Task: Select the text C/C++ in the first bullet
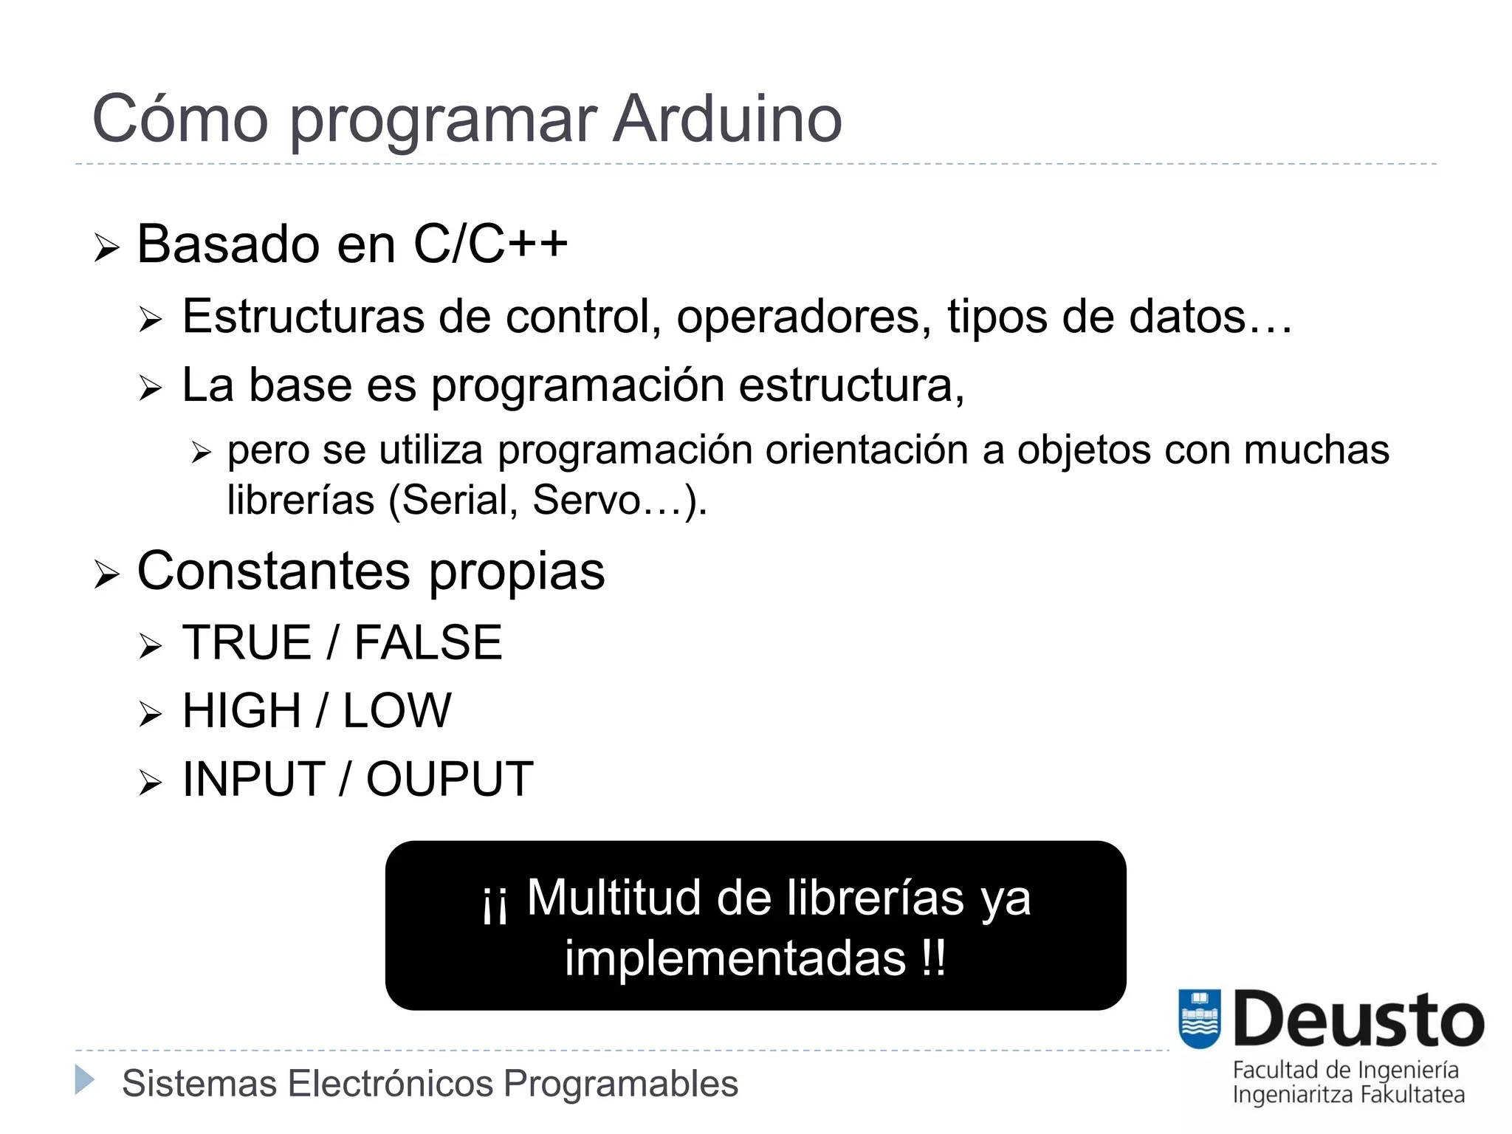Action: pos(490,244)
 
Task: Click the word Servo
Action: pos(587,500)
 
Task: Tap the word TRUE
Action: pos(247,642)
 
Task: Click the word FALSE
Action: pos(428,642)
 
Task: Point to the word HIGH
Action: pos(241,710)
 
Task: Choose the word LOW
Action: pos(397,710)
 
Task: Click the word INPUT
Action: pos(254,779)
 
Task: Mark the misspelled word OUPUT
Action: pos(450,779)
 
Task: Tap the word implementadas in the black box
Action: pos(735,958)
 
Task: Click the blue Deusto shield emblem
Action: pos(1200,1019)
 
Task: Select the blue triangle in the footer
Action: pos(85,1080)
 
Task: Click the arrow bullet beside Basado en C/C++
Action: pos(106,248)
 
